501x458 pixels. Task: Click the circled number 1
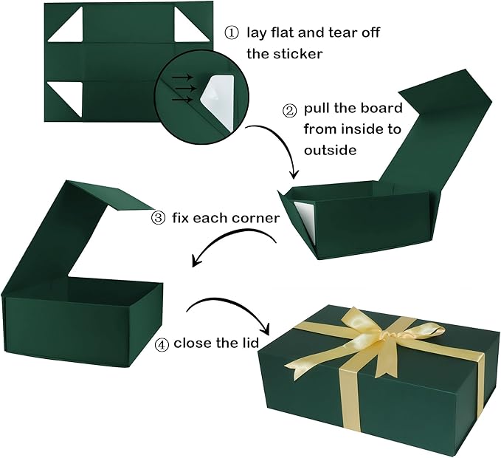click(x=231, y=34)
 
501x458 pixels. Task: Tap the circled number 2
click(x=290, y=110)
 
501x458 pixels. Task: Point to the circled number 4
click(x=161, y=345)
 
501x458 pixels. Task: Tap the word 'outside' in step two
click(x=331, y=149)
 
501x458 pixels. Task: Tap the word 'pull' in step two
click(x=316, y=109)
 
